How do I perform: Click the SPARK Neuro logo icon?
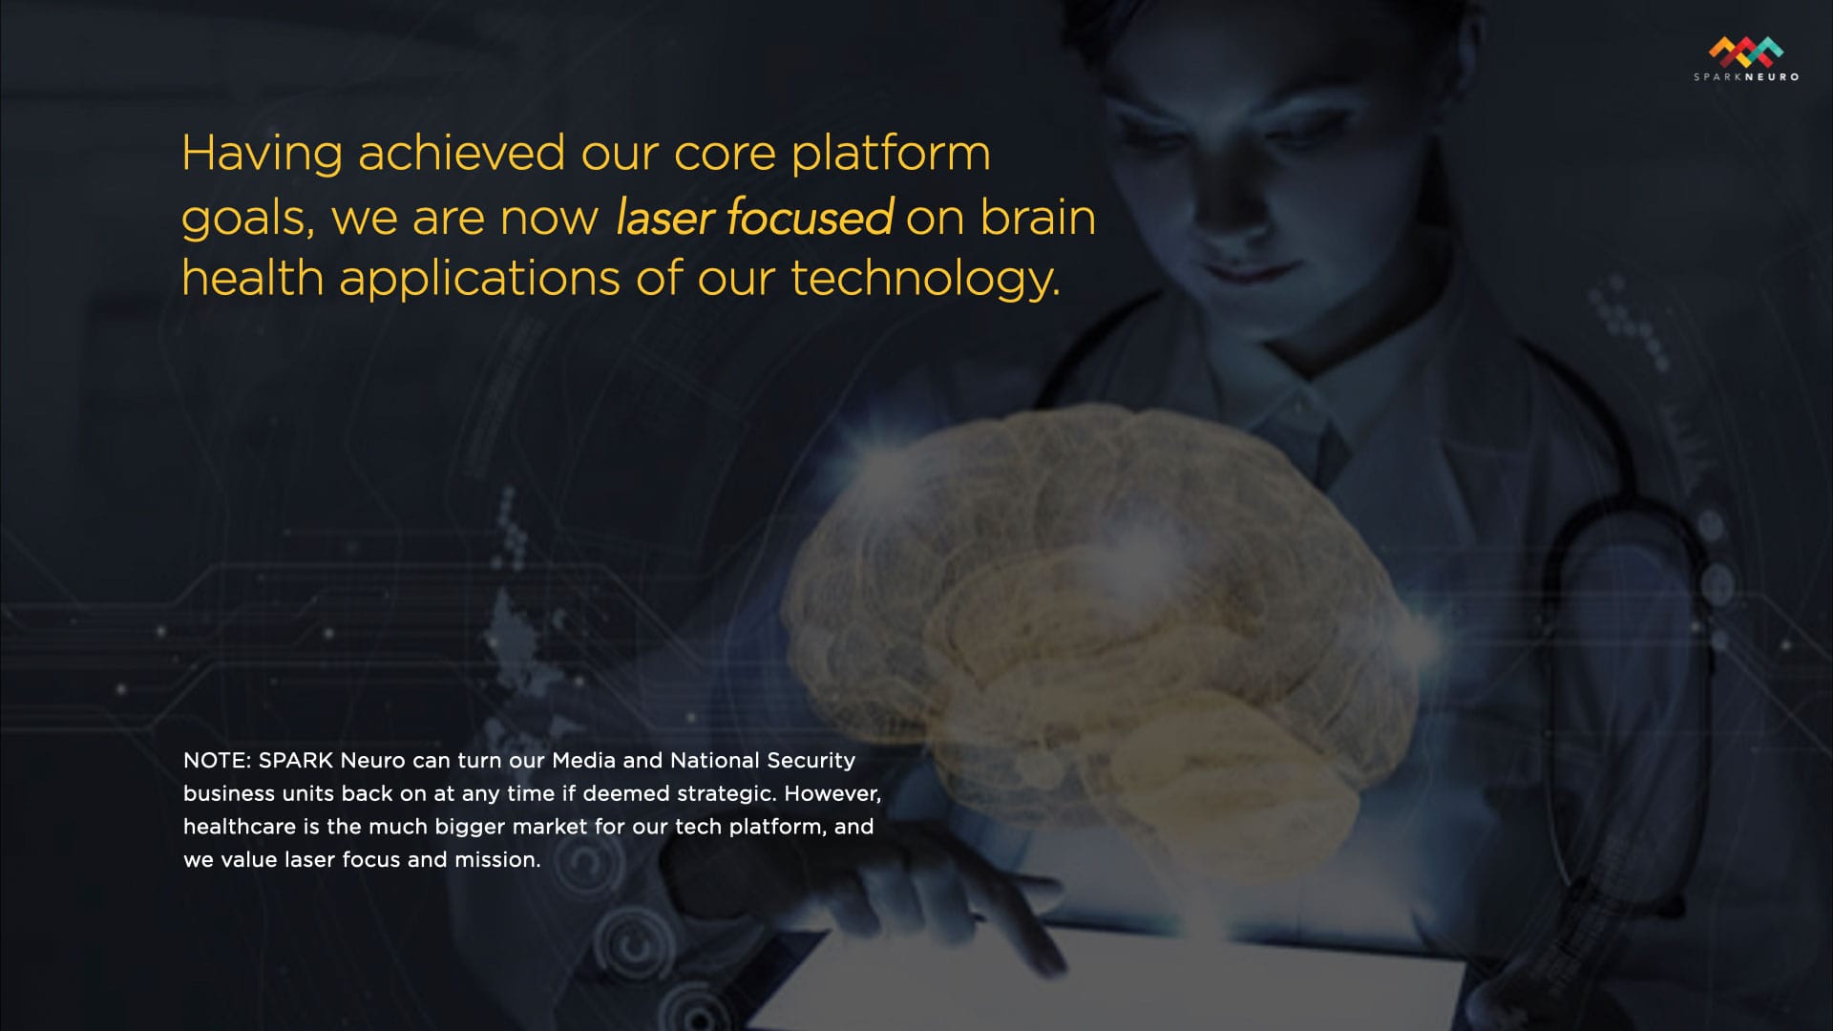point(1746,52)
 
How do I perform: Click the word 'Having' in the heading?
point(262,155)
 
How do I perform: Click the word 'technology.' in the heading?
point(925,279)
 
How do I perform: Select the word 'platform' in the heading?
point(892,155)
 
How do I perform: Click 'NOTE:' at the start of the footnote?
point(217,761)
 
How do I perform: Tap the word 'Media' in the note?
point(583,761)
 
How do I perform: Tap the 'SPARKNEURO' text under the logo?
point(1746,77)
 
